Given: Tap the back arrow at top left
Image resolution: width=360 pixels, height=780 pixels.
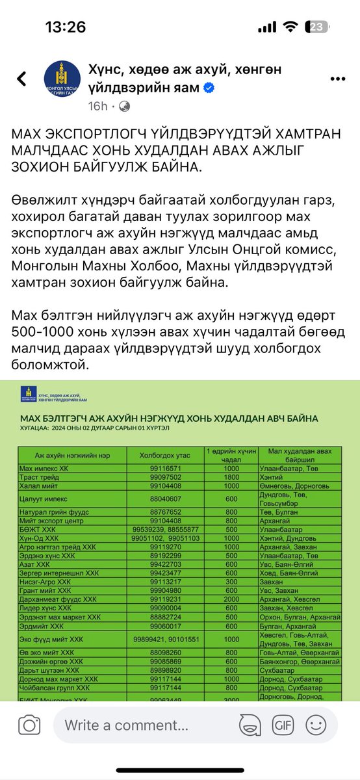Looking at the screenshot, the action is (x=22, y=79).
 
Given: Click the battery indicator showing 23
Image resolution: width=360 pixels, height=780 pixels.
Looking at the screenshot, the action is (x=316, y=27).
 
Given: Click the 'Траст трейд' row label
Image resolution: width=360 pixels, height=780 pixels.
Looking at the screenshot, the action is (x=42, y=476).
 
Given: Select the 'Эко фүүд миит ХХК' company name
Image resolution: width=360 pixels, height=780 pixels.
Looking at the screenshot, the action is (x=51, y=640).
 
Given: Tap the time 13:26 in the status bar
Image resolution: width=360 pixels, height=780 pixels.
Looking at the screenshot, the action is (x=65, y=27).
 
